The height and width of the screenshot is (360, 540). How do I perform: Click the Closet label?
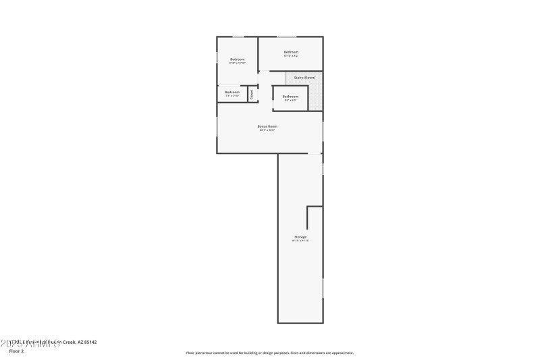(252, 95)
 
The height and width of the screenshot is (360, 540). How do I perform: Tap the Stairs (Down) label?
(304, 78)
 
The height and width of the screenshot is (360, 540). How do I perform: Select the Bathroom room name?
(290, 97)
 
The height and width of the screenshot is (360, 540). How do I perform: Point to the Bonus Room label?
(267, 126)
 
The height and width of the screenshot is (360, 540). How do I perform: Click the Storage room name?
(300, 237)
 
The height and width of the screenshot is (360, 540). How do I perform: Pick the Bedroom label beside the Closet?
(232, 92)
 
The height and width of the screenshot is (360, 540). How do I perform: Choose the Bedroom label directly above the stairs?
(291, 52)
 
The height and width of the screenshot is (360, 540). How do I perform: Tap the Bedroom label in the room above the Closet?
(237, 59)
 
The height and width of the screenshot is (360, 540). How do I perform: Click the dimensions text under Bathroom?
(290, 101)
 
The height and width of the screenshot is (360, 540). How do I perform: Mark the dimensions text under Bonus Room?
(267, 130)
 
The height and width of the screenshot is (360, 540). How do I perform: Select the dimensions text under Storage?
(300, 241)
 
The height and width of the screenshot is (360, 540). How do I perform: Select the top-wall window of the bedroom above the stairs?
(286, 36)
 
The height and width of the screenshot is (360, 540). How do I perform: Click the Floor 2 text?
(16, 351)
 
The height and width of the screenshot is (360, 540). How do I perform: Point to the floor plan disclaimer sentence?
(270, 353)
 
